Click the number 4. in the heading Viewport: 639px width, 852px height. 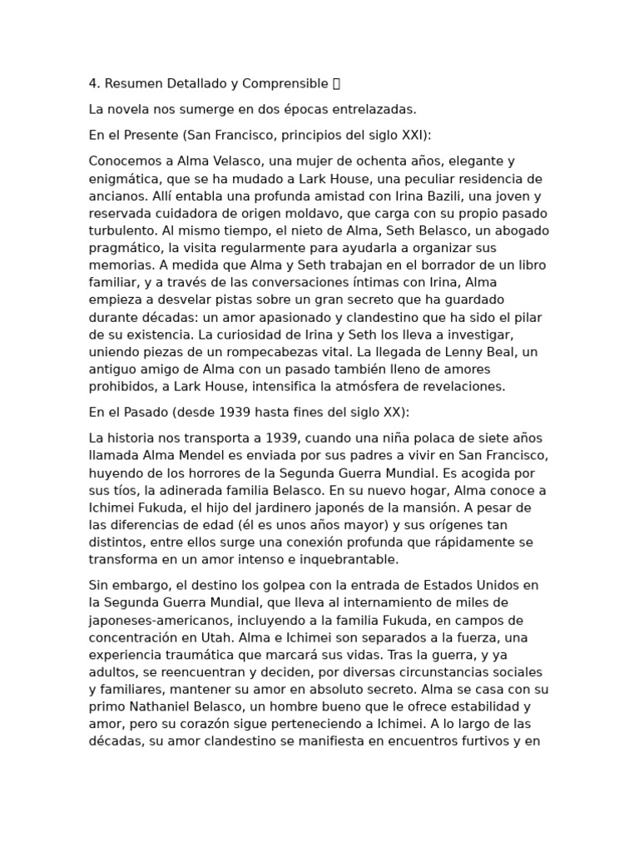[x=94, y=83]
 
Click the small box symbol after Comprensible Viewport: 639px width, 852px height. [x=336, y=83]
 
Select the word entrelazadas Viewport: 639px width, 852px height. [x=376, y=109]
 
